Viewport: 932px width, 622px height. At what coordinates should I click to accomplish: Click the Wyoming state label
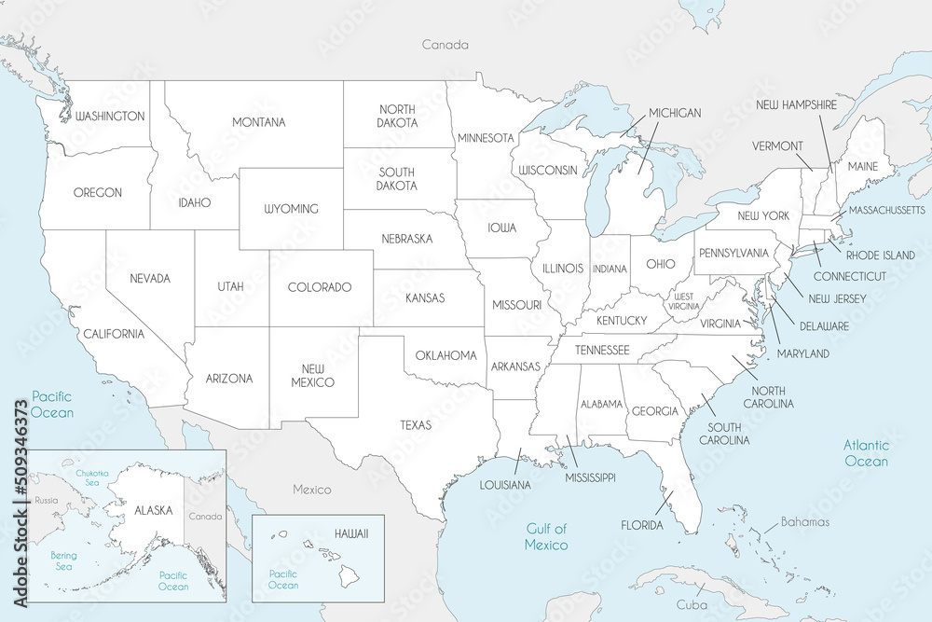[291, 209]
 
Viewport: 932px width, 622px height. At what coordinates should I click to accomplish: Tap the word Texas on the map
[416, 424]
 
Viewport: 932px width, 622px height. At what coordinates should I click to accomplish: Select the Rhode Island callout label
[881, 255]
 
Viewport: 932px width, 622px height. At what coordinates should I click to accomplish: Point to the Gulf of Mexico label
[545, 536]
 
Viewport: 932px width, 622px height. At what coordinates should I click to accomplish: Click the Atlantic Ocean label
[866, 453]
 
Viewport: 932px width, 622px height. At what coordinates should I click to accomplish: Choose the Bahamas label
[805, 522]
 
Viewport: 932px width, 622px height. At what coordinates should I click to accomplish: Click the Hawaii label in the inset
[351, 532]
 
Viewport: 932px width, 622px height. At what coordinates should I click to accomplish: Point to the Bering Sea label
[63, 560]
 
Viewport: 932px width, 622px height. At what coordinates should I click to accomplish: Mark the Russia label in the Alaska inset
[46, 501]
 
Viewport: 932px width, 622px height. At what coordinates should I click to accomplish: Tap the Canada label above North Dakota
[445, 45]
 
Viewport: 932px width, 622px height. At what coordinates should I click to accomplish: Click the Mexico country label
[311, 490]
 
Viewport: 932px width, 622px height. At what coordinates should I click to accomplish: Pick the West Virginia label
[684, 300]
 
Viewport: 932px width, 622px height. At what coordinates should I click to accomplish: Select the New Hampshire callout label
[796, 105]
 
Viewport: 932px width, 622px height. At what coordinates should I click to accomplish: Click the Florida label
[642, 525]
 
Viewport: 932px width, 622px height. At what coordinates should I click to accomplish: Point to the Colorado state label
[319, 287]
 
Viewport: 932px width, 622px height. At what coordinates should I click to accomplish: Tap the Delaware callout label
[823, 326]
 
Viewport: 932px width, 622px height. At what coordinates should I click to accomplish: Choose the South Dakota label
[397, 178]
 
